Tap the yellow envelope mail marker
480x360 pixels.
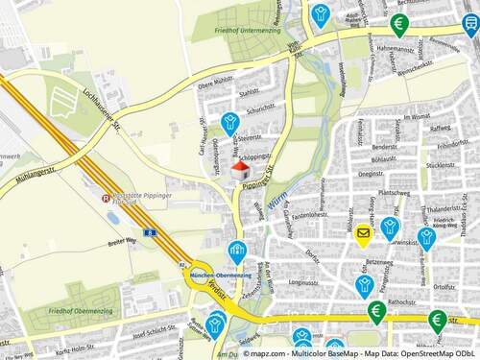[364, 232]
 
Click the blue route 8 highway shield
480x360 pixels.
[149, 232]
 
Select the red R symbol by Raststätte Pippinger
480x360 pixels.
[107, 200]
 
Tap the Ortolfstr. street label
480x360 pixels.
[443, 286]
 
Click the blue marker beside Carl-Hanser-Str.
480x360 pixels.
[229, 123]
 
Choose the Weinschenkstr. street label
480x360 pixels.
[420, 71]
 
